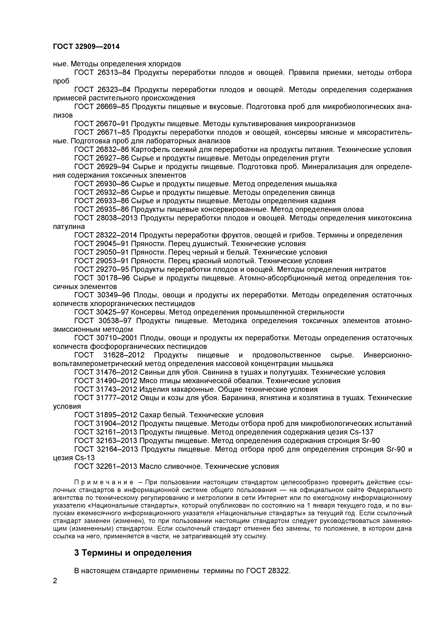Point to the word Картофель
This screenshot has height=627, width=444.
(x=148, y=150)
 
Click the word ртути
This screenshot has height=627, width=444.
(x=320, y=158)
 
